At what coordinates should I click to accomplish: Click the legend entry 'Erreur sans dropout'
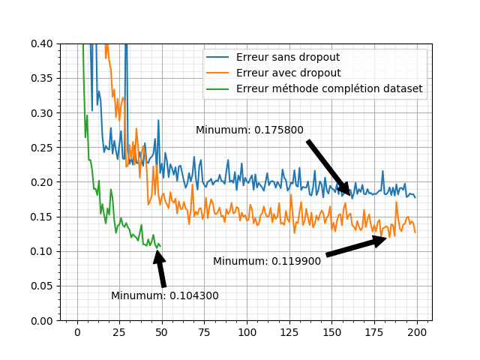click(287, 57)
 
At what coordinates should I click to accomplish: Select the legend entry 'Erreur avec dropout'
click(288, 73)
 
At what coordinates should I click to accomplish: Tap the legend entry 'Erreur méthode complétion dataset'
click(329, 88)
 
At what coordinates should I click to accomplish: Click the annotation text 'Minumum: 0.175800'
click(250, 130)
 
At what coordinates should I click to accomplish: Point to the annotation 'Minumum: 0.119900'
click(267, 261)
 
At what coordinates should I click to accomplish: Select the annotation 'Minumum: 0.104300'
click(165, 295)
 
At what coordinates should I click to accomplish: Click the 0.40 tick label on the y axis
click(42, 44)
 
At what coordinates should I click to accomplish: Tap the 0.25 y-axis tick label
click(42, 148)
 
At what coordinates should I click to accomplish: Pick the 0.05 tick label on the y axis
click(42, 286)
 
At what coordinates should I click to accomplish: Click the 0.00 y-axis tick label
click(42, 320)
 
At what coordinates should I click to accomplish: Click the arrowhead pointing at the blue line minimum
click(346, 190)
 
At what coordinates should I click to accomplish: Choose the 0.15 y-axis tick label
click(42, 217)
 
